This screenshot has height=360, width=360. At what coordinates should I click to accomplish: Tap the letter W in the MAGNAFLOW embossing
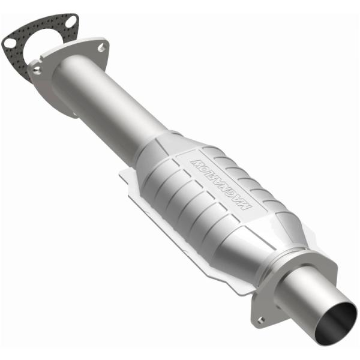coord(196,162)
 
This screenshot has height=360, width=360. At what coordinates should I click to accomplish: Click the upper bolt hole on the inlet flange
coord(100,46)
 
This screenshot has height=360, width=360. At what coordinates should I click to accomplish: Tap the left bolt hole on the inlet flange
coord(37,70)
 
